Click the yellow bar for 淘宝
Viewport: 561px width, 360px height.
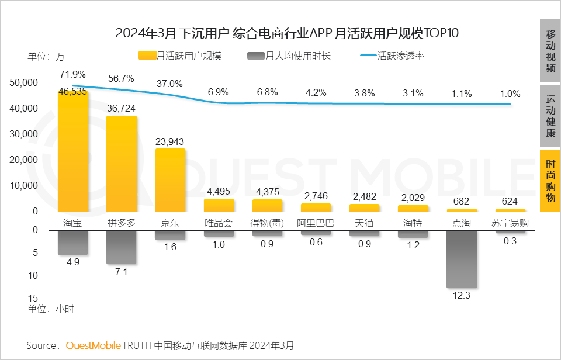(x=73, y=152)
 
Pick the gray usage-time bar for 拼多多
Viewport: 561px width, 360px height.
(x=122, y=247)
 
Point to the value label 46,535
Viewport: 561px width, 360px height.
(x=73, y=92)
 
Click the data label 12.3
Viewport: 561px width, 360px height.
(x=461, y=296)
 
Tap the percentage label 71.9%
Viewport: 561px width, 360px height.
(x=72, y=74)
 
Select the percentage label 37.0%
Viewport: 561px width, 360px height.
(x=169, y=84)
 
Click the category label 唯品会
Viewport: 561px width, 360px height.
(x=219, y=223)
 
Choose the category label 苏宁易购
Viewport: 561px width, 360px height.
(x=510, y=223)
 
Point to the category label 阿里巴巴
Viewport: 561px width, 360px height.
(x=316, y=223)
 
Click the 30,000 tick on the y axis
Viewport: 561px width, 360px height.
(x=24, y=134)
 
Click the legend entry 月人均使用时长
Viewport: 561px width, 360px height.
(x=289, y=56)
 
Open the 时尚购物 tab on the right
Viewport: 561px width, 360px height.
(x=550, y=181)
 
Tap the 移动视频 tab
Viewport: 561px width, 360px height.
(x=550, y=50)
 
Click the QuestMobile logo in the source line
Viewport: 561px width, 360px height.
(x=93, y=345)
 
